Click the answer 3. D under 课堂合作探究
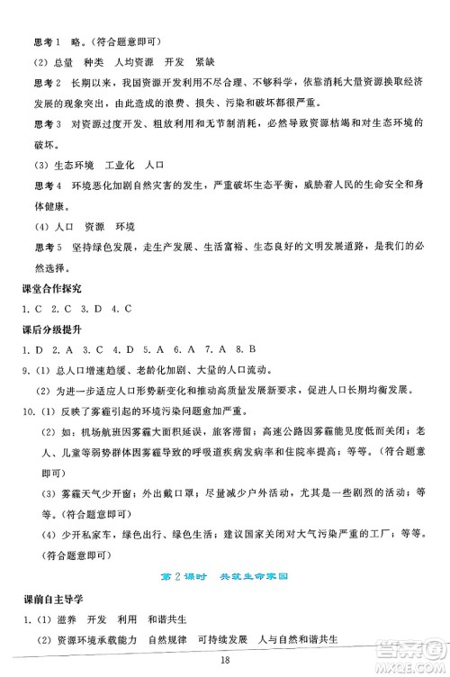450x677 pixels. (x=88, y=310)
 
